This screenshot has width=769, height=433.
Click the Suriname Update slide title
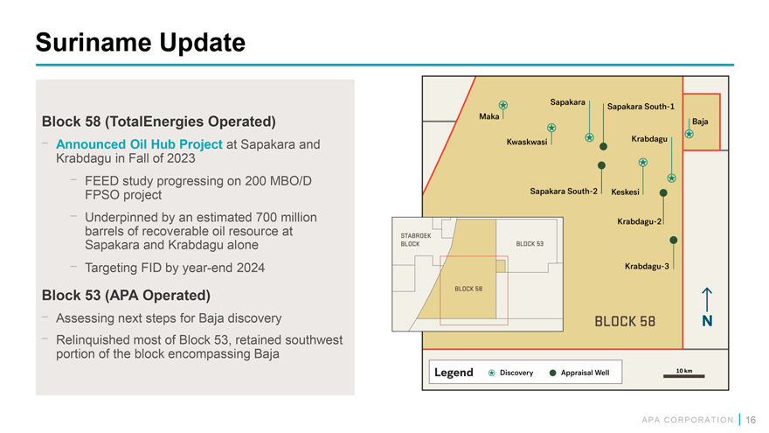pos(141,42)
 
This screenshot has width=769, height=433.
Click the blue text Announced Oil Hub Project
pos(139,144)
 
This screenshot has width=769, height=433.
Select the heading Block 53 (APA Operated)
pos(126,295)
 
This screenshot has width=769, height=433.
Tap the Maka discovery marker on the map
pos(503,105)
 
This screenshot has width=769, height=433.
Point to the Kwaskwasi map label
pos(527,142)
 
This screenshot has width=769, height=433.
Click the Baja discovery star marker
pos(689,134)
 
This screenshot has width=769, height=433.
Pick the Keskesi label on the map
pos(626,192)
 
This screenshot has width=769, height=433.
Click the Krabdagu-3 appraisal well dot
pos(674,240)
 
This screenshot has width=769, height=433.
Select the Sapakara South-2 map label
pos(564,191)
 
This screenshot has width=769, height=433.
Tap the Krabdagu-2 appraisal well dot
pos(663,193)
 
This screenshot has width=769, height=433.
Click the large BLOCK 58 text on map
pos(625,322)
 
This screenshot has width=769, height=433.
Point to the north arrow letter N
pos(707,321)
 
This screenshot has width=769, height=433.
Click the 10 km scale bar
pos(683,376)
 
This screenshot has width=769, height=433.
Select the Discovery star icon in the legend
pos(491,374)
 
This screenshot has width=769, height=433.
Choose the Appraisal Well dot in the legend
pos(552,374)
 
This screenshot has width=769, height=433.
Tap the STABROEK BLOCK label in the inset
pos(416,240)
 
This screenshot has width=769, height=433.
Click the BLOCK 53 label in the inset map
pos(530,243)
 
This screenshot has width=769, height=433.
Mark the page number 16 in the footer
pos(751,420)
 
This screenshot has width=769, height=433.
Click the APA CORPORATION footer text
pos(687,420)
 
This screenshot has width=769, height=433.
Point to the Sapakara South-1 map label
pos(641,107)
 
